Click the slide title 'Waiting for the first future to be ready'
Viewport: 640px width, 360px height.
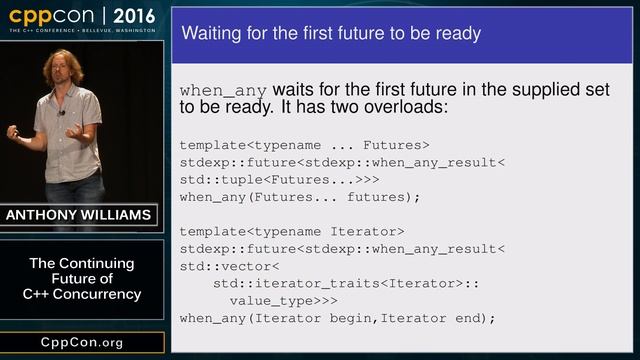point(330,34)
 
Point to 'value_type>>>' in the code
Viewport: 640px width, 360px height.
point(283,300)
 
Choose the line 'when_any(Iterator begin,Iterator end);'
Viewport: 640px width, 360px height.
point(337,318)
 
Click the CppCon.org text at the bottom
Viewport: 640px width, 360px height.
point(82,342)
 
